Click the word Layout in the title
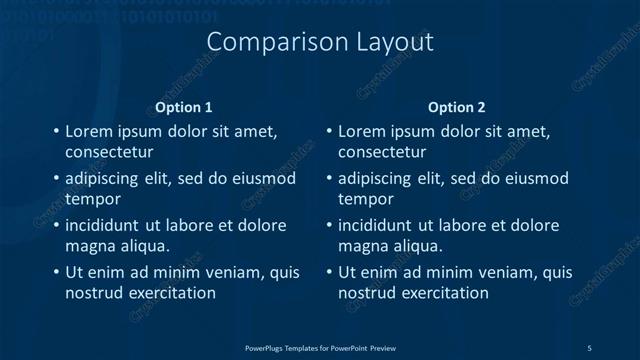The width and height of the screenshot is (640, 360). pos(394,43)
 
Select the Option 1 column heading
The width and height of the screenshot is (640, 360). pos(184,106)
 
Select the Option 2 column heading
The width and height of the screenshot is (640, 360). pos(457,106)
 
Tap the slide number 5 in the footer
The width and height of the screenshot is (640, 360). pos(589,347)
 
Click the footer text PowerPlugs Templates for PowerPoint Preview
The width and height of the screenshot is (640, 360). pos(320,347)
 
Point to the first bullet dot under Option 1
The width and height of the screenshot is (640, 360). pos(56,131)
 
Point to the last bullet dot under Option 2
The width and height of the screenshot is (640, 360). pos(329,272)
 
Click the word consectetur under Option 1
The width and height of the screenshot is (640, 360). pos(109,152)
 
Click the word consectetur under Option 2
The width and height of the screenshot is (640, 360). pos(382,152)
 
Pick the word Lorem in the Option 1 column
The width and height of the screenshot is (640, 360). pos(88,131)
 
